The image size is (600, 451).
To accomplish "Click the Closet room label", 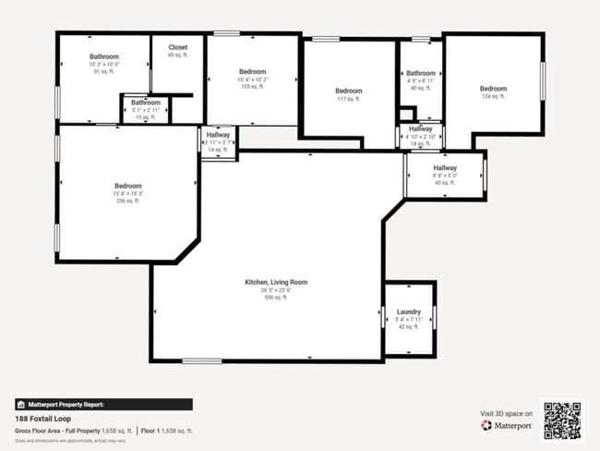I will pyautogui.click(x=177, y=47).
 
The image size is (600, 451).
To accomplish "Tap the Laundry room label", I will pyautogui.click(x=408, y=312).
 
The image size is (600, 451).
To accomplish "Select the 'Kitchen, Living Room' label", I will pyautogui.click(x=276, y=282).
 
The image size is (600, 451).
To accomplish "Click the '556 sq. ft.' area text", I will pyautogui.click(x=276, y=298).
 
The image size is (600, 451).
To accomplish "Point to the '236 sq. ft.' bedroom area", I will pyautogui.click(x=127, y=200).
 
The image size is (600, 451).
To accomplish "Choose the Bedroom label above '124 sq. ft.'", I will pyautogui.click(x=493, y=89).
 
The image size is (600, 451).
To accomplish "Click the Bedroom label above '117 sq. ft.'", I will pyautogui.click(x=348, y=91).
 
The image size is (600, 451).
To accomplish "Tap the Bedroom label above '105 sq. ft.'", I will pyautogui.click(x=252, y=72).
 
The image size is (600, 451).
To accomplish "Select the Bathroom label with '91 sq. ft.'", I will pyautogui.click(x=104, y=56).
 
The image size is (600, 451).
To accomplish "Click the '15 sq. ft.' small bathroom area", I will pyautogui.click(x=145, y=117).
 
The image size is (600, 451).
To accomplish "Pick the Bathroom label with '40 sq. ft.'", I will pyautogui.click(x=421, y=73).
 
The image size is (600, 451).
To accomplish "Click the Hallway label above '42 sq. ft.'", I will pyautogui.click(x=445, y=167).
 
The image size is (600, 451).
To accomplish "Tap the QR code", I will pyautogui.click(x=562, y=420).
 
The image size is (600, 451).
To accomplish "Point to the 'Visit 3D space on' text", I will pyautogui.click(x=507, y=413).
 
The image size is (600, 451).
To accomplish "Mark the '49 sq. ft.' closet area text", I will pyautogui.click(x=177, y=55).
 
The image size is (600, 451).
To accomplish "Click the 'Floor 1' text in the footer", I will pyautogui.click(x=152, y=431).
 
